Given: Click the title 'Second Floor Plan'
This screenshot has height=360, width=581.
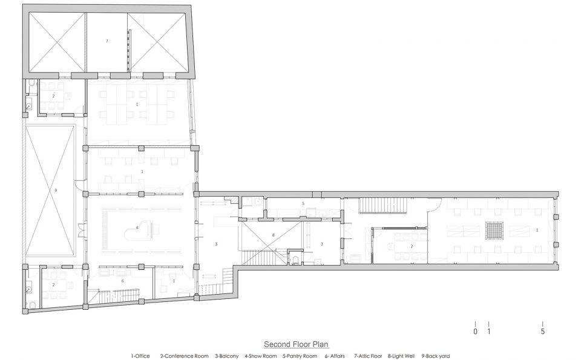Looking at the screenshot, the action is tap(296, 344).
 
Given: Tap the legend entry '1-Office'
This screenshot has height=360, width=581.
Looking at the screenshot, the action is tap(140, 356).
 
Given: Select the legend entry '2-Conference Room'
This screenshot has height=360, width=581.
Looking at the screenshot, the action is tap(184, 356).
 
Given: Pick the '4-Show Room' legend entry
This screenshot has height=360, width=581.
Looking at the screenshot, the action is tap(260, 356).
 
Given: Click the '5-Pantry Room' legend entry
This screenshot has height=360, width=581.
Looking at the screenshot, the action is tap(300, 356).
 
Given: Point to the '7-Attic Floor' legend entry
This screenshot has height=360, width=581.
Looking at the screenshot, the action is tap(368, 356).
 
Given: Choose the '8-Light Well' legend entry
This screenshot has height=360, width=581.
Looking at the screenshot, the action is tap(401, 356).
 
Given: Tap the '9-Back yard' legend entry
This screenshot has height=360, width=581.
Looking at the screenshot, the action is tap(435, 356).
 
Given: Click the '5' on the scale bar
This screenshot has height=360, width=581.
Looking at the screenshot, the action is tap(543, 332).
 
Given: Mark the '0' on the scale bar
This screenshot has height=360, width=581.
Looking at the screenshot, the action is tap(476, 332).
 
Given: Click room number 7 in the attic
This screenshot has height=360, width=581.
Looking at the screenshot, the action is tap(107, 41).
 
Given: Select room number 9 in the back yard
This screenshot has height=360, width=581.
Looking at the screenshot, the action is tap(56, 191).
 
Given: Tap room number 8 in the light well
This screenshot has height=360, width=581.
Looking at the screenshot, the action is tap(273, 235).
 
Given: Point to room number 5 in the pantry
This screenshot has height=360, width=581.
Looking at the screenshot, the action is tap(303, 203).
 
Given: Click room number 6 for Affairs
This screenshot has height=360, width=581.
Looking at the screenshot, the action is tap(123, 281).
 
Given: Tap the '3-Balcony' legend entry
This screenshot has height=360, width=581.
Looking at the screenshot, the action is tap(227, 356).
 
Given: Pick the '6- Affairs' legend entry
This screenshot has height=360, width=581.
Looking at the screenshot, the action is tap(335, 356).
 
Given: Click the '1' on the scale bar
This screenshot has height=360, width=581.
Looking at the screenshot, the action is tap(489, 332).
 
